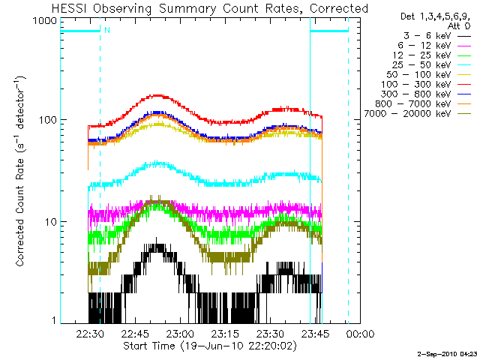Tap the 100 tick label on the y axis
click(x=47, y=120)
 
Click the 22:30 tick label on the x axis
click(x=89, y=334)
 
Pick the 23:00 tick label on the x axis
click(x=180, y=334)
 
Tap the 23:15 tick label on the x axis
click(x=226, y=334)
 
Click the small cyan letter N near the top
click(x=107, y=30)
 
